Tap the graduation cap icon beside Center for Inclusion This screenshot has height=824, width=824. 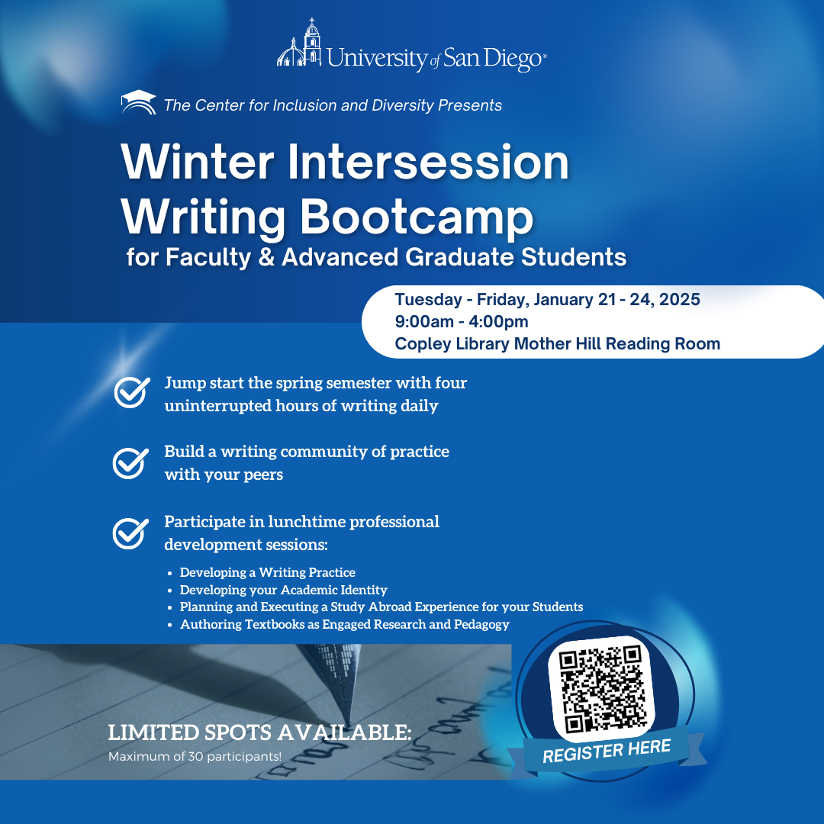click(138, 103)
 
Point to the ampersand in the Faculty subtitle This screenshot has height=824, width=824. click(265, 257)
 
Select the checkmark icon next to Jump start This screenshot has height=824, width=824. click(130, 394)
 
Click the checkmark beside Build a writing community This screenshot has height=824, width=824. click(130, 462)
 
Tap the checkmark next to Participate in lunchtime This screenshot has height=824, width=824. click(130, 533)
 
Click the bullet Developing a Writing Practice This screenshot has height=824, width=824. click(267, 572)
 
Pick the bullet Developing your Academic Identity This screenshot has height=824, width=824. click(283, 590)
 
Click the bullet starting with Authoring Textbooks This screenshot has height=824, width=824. click(344, 625)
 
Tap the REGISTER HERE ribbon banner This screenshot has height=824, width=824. click(607, 751)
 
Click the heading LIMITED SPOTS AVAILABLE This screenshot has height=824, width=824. click(259, 733)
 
